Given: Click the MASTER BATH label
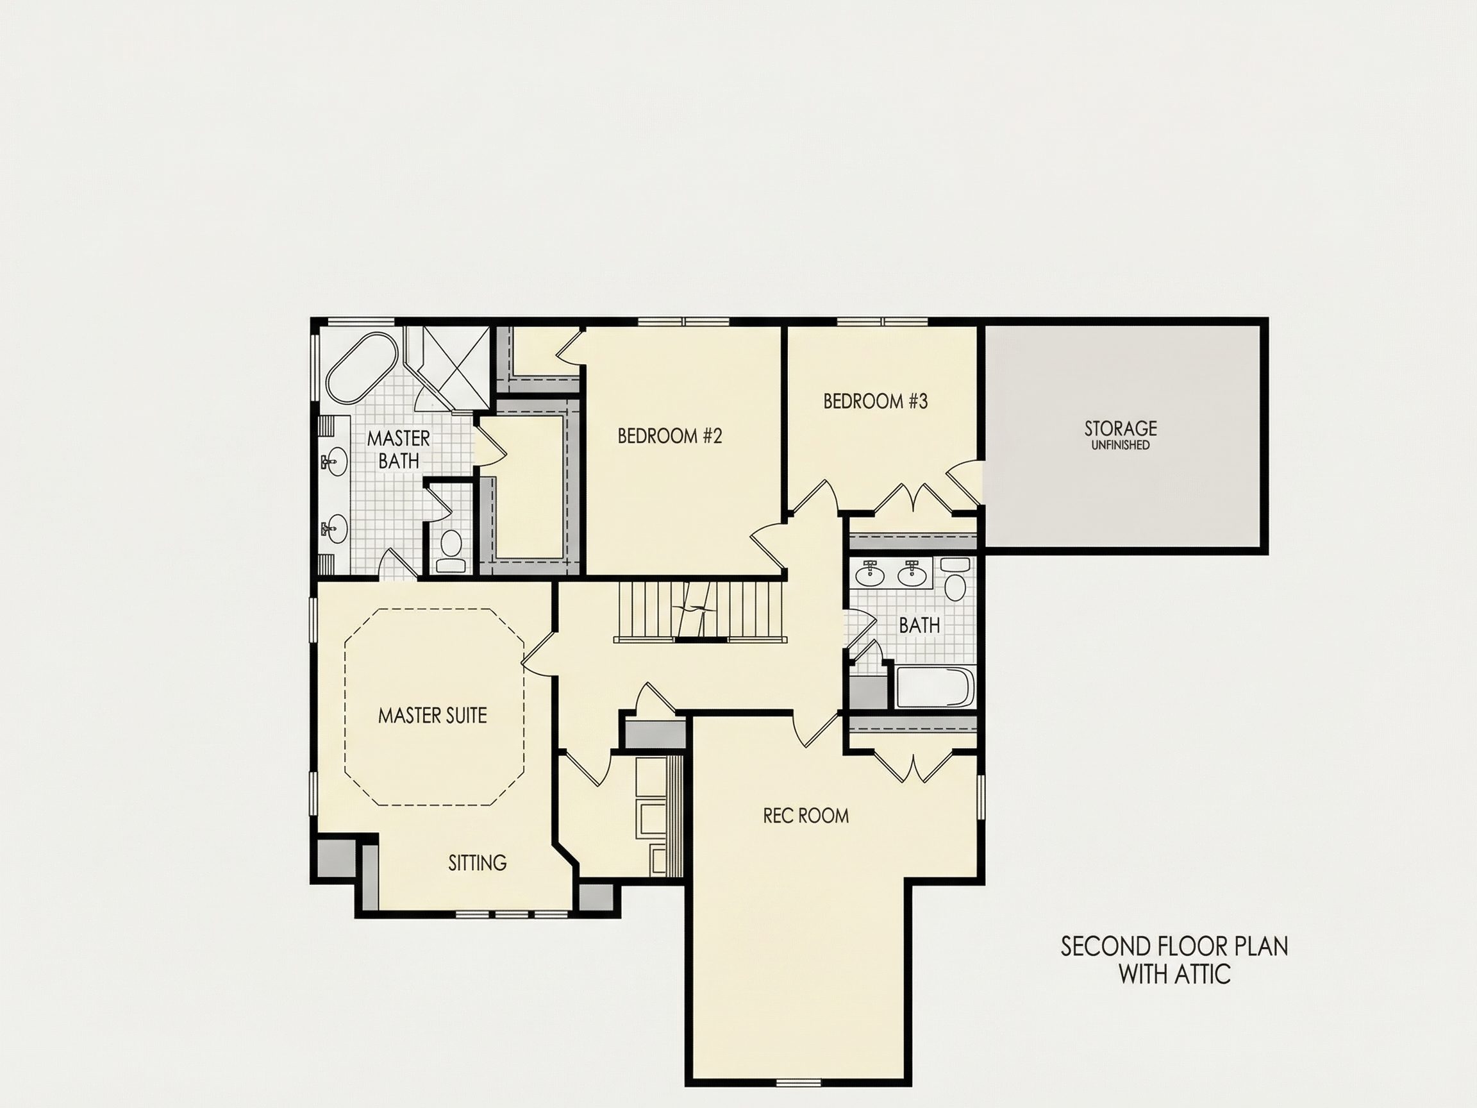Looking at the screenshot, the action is [399, 449].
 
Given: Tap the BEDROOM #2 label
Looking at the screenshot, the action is [670, 436].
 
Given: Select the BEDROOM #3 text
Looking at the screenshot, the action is [876, 401].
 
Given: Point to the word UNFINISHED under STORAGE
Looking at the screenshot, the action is [1121, 446].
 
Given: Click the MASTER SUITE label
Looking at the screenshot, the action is [433, 716].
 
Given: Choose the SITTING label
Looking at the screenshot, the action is [478, 863].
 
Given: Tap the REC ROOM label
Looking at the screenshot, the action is [806, 816].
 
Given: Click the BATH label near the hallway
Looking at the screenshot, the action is [919, 626].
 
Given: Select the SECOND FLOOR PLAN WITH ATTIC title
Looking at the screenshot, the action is [1174, 961].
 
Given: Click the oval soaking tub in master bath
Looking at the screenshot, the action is [362, 368].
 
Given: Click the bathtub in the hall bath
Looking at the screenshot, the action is [934, 687].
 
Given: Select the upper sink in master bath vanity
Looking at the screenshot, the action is [334, 462].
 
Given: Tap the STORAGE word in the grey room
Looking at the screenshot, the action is [1121, 428].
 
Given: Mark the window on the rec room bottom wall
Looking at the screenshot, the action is [799, 1082].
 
